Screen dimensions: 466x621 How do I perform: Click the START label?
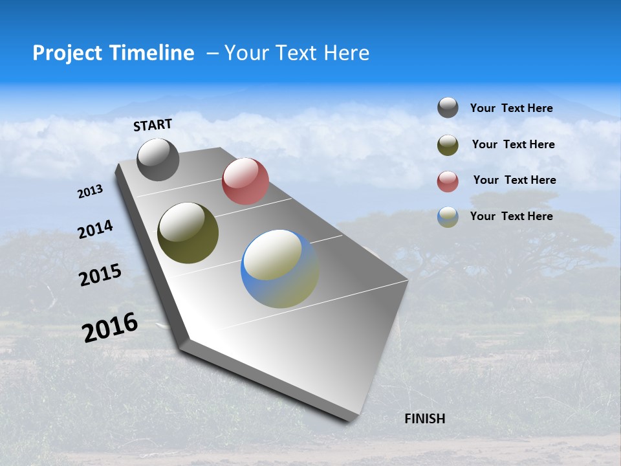[x=153, y=124]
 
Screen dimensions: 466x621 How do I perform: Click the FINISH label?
[x=424, y=419]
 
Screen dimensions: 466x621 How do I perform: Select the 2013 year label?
[x=90, y=192]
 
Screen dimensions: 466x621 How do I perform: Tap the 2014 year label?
[x=95, y=230]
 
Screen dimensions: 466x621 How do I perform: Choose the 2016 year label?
[x=110, y=327]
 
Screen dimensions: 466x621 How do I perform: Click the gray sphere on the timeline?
[x=158, y=160]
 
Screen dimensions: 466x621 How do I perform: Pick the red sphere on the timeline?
[x=245, y=181]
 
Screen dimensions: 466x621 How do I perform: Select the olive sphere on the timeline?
[x=188, y=233]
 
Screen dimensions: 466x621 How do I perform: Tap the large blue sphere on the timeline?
[x=279, y=269]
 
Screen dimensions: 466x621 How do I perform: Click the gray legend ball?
[x=448, y=107]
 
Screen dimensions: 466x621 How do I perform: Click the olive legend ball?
[x=448, y=145]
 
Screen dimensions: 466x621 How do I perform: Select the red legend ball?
[x=448, y=181]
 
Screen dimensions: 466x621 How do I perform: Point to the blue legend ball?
[x=448, y=217]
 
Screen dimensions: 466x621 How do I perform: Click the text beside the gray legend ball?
[x=511, y=108]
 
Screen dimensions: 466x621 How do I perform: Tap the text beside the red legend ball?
[x=514, y=180]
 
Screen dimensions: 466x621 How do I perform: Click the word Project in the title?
[x=67, y=53]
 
